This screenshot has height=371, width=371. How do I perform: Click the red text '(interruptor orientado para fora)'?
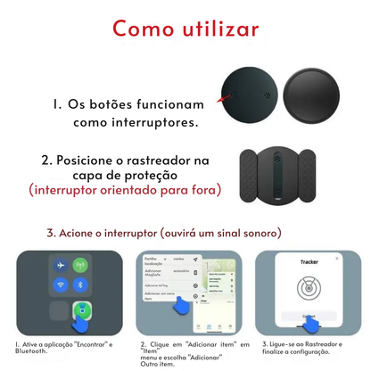[x=124, y=190]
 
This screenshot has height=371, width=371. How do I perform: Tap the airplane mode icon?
[x=59, y=265]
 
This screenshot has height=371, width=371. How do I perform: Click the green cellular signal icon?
[x=81, y=265]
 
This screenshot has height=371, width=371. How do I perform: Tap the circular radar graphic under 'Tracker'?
[x=308, y=292]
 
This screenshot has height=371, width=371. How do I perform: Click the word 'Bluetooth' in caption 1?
[x=31, y=351]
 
